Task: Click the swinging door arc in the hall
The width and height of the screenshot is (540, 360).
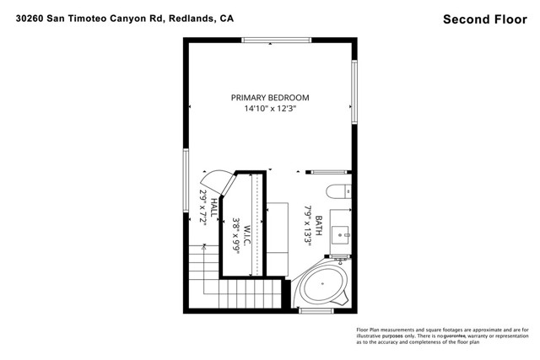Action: [x=213, y=180]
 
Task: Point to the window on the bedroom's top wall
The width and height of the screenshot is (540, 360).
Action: [x=267, y=40]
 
